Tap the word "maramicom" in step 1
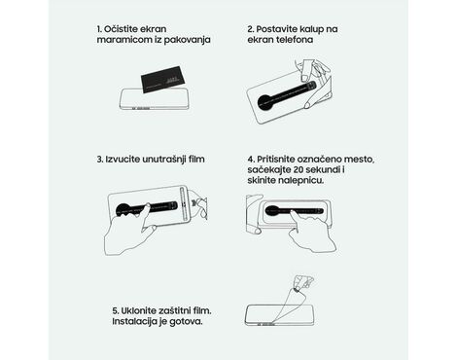click(117, 40)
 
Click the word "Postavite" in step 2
click(272, 29)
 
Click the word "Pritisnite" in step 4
click(275, 160)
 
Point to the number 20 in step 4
click(299, 169)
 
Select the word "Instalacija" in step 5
click(131, 321)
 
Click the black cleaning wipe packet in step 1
click(164, 80)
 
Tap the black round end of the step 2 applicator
click(266, 102)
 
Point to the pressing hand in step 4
click(312, 231)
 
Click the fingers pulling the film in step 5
click(303, 281)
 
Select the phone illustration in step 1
click(154, 99)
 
